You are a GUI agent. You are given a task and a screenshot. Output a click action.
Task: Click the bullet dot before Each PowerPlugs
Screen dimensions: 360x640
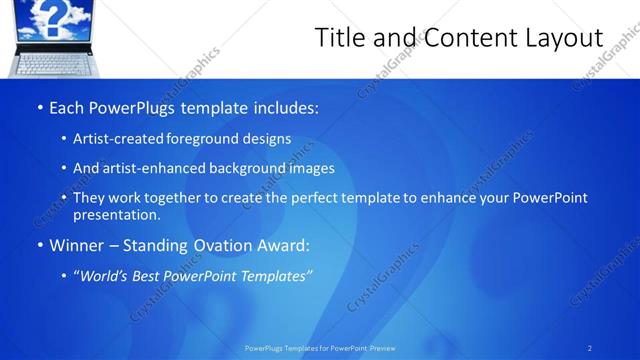pyautogui.click(x=39, y=108)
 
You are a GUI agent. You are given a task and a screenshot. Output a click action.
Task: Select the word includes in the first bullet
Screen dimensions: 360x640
pyautogui.click(x=283, y=107)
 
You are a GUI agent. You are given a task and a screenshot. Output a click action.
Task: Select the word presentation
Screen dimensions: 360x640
pyautogui.click(x=116, y=215)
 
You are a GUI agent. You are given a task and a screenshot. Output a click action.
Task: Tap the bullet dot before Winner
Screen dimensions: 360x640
pyautogui.click(x=39, y=245)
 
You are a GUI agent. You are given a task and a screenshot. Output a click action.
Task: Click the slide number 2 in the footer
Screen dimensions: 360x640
pyautogui.click(x=590, y=348)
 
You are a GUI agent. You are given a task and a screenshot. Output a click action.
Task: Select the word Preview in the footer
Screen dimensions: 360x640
pyautogui.click(x=383, y=348)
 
